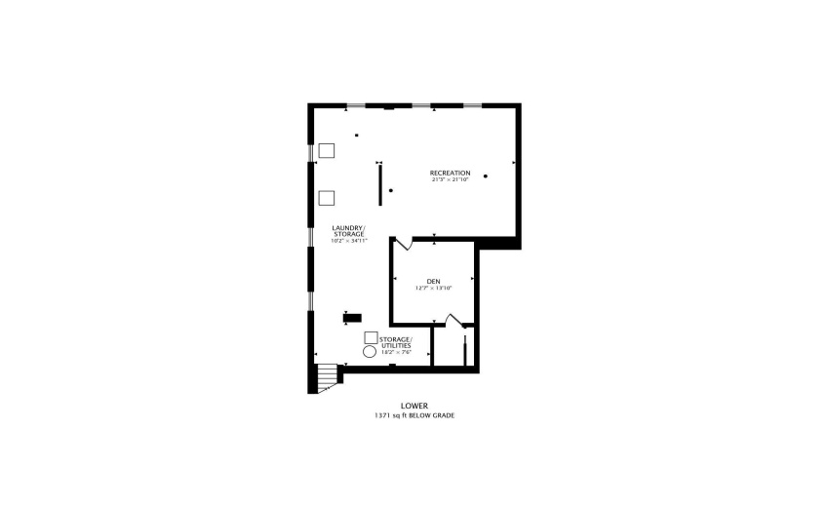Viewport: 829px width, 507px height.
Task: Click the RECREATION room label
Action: pos(450,173)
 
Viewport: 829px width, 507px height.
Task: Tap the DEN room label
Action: pos(433,281)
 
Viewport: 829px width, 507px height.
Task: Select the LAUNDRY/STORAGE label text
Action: pos(348,231)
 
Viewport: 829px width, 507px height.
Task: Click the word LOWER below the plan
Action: pos(414,406)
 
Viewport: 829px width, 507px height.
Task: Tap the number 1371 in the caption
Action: pos(381,415)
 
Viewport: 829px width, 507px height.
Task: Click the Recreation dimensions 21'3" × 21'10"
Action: pos(450,179)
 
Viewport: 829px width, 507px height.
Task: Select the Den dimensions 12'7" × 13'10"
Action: pos(433,288)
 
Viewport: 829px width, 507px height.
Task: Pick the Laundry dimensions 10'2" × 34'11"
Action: pos(348,240)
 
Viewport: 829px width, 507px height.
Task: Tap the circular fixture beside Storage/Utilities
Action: pos(371,350)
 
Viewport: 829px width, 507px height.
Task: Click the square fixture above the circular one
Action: pos(371,337)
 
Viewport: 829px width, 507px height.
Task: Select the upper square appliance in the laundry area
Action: pos(327,151)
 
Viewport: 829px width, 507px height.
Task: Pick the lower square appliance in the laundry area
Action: pos(327,198)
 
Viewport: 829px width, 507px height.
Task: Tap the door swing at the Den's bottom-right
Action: pos(453,319)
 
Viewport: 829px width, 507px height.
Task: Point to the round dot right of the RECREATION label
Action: pos(485,175)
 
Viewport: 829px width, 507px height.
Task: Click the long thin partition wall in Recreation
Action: pos(380,184)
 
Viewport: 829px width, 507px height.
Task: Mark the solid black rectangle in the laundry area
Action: pos(351,317)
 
